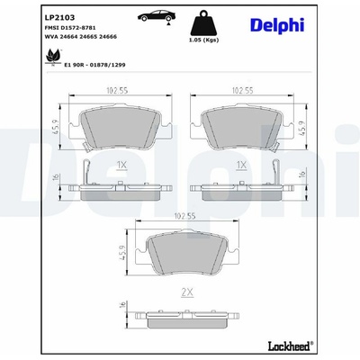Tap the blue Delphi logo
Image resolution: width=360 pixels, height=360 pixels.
(277, 25)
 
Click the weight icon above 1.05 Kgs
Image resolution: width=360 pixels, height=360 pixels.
(204, 22)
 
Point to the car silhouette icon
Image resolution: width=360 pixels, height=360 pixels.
(156, 16)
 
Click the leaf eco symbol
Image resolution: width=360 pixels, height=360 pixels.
(53, 57)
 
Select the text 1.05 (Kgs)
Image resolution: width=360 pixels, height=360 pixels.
(204, 40)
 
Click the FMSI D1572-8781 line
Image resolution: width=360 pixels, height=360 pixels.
(70, 28)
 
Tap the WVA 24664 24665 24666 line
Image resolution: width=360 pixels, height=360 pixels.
(81, 37)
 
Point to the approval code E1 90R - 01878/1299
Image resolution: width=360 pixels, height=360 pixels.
(94, 65)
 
